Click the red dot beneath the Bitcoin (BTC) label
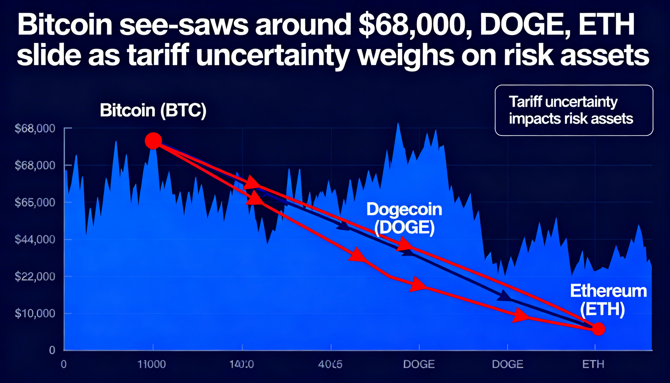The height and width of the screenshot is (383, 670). coord(153,141)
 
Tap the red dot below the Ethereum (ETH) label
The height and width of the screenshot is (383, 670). coord(599,329)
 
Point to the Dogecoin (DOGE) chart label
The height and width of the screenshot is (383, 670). coord(404,218)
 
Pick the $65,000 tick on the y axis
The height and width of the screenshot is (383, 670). coord(35,202)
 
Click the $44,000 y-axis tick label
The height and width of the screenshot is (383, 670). coord(35,239)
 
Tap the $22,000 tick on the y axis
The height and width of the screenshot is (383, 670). coord(35,276)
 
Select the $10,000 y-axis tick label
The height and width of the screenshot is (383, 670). coord(35,313)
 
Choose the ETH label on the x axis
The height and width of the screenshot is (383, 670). coord(593,364)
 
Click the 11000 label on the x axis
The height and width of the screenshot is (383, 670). coord(152,364)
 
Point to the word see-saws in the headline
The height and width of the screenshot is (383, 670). coord(184,26)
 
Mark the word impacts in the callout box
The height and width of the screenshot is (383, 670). coord(533,119)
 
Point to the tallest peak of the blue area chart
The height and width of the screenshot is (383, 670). coord(398,124)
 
